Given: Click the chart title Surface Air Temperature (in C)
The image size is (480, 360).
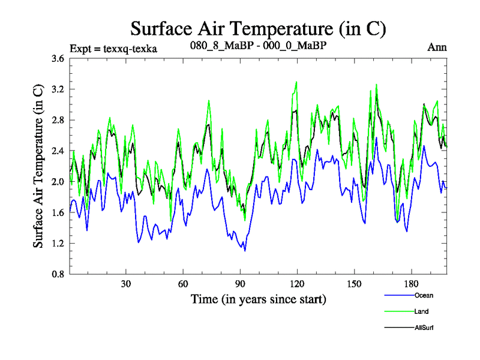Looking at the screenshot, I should pos(258,28).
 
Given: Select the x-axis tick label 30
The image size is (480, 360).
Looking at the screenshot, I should pos(126,284).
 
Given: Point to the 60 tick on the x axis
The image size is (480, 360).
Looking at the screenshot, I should pos(183,284).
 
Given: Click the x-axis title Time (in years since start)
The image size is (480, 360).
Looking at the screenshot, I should pos(258,299).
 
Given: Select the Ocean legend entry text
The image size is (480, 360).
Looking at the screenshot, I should pos(423,295).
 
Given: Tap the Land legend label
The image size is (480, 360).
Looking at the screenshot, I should pos(421,311).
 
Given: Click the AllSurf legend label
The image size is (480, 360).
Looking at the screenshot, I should pos(424,328).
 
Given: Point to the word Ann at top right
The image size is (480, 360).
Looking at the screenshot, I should pos(437,47).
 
